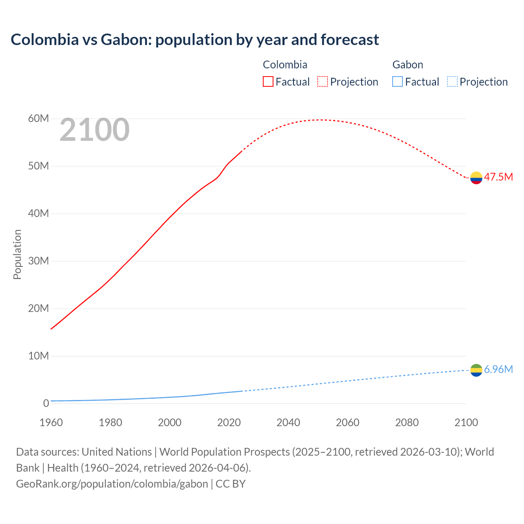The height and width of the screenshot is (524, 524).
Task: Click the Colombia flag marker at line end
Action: pos(476,178)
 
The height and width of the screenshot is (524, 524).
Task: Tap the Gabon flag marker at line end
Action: pos(476,370)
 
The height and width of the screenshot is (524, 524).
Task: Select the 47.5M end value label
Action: pos(498,177)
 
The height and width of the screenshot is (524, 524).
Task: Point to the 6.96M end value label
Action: pos(498,369)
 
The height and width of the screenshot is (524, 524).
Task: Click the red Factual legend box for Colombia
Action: pos(268,81)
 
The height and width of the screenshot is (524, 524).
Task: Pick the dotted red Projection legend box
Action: pos(323,81)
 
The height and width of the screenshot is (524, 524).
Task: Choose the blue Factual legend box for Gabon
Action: pos(398,81)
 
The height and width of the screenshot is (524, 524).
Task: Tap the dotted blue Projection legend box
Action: pos(452,81)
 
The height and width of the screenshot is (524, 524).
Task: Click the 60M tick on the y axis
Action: pos(38,119)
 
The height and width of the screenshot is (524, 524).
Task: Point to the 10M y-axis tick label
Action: pos(38,356)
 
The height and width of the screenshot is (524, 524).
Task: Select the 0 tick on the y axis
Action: pos(46,403)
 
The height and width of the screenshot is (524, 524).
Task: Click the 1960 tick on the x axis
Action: pos(51,422)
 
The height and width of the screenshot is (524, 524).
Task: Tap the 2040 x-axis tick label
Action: pos(288,422)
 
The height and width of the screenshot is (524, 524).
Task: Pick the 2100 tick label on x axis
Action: pos(466,422)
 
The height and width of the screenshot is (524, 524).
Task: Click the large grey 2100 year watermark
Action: pos(95,130)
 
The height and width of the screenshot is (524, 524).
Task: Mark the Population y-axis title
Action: pos(17,254)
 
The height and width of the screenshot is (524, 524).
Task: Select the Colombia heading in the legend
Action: pos(285,65)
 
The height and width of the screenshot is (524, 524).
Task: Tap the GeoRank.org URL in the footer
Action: pos(112,483)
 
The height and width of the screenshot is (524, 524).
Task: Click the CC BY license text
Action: pos(230,483)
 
